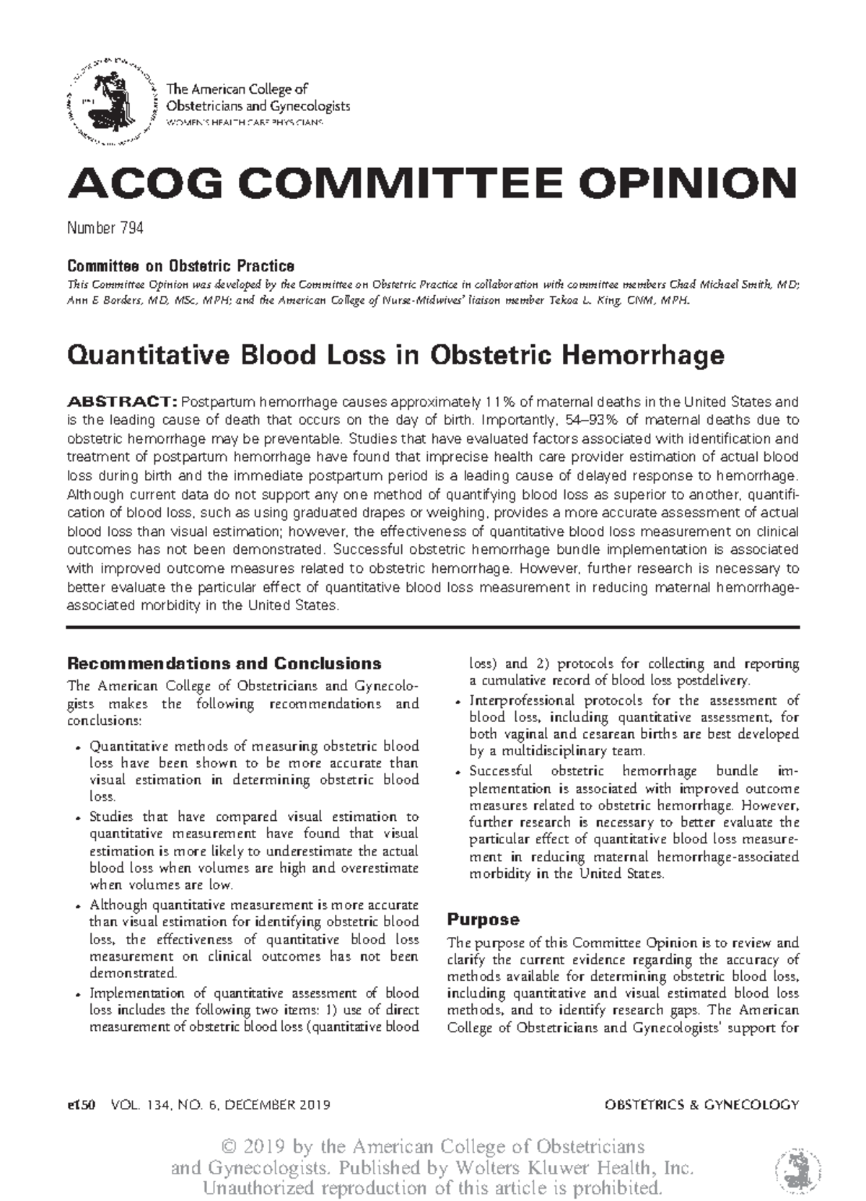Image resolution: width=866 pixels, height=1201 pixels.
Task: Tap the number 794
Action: (131, 229)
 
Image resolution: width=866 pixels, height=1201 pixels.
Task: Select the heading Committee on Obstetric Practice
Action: (180, 265)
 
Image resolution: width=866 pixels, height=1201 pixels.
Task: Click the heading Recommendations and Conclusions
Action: (224, 663)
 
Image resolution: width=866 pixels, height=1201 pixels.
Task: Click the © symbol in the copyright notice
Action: (229, 1146)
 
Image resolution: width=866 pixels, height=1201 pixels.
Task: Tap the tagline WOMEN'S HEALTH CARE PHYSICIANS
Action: (245, 123)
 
